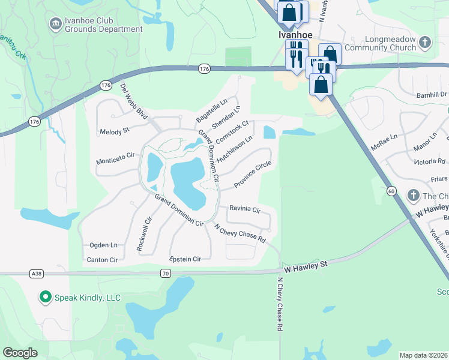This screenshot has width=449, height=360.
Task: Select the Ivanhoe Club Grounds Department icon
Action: pos(55,23)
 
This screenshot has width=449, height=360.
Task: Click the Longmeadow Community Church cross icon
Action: pos(425,43)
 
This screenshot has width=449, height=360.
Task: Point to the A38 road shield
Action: pos(36,274)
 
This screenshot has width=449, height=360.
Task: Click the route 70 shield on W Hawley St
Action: pos(166,274)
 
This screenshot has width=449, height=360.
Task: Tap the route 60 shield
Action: pos(391,191)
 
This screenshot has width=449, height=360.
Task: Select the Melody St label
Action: pos(115,131)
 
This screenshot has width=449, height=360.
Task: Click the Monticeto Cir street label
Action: pos(116,159)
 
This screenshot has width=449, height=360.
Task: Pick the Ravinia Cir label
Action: pos(244,209)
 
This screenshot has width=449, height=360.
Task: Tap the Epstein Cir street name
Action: pos(185,259)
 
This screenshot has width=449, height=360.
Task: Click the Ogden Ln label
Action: pos(103,245)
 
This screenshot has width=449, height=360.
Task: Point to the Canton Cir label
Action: pos(103,260)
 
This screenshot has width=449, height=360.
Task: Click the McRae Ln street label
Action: pos(384,138)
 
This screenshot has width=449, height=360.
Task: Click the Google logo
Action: pos(20,353)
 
